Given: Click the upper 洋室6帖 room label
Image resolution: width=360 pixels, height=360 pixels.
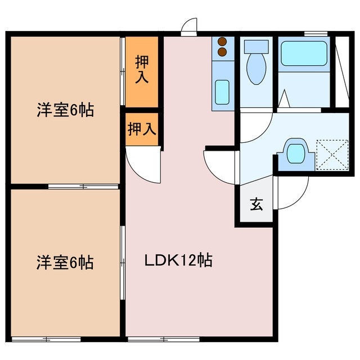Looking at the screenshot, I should (x=65, y=110).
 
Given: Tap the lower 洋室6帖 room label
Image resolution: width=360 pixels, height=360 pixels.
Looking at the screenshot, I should (x=65, y=262).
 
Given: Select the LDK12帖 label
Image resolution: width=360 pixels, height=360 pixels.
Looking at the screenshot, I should (x=178, y=261).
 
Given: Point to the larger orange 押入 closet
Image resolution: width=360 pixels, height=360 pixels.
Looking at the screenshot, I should (x=142, y=71).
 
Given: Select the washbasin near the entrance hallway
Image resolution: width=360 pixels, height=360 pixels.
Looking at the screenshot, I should (x=295, y=152).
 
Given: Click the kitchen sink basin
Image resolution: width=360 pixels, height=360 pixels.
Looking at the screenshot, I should (x=222, y=91).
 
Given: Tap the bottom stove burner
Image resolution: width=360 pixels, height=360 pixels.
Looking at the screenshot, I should (x=222, y=52).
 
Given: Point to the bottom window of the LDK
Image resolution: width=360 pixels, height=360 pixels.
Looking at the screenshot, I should (x=163, y=339).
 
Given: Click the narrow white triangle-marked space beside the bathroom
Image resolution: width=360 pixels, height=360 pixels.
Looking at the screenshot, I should (x=340, y=70).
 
